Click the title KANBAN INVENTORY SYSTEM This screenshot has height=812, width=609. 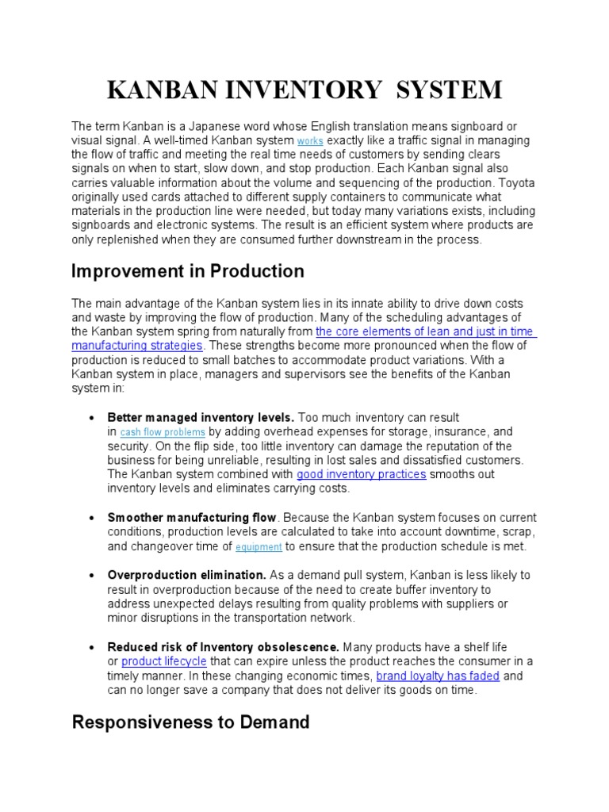304,90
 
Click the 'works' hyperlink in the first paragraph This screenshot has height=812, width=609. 310,141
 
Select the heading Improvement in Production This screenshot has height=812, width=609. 187,271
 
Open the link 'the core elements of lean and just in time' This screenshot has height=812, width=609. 425,331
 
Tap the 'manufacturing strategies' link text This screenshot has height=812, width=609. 137,346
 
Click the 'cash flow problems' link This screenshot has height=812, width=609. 163,432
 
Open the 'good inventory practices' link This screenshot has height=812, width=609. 362,474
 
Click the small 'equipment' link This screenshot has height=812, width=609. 259,547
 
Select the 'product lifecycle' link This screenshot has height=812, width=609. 163,661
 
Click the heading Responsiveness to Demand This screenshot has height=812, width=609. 190,722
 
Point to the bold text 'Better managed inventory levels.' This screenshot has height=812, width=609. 201,417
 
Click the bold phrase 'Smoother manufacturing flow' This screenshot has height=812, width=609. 192,518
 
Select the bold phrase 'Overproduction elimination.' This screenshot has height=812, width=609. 186,575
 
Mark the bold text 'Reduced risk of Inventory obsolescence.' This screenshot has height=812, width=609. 224,647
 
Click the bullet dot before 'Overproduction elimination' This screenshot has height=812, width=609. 94,575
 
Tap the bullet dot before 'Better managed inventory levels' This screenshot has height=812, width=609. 94,417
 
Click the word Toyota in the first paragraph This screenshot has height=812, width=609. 515,183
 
